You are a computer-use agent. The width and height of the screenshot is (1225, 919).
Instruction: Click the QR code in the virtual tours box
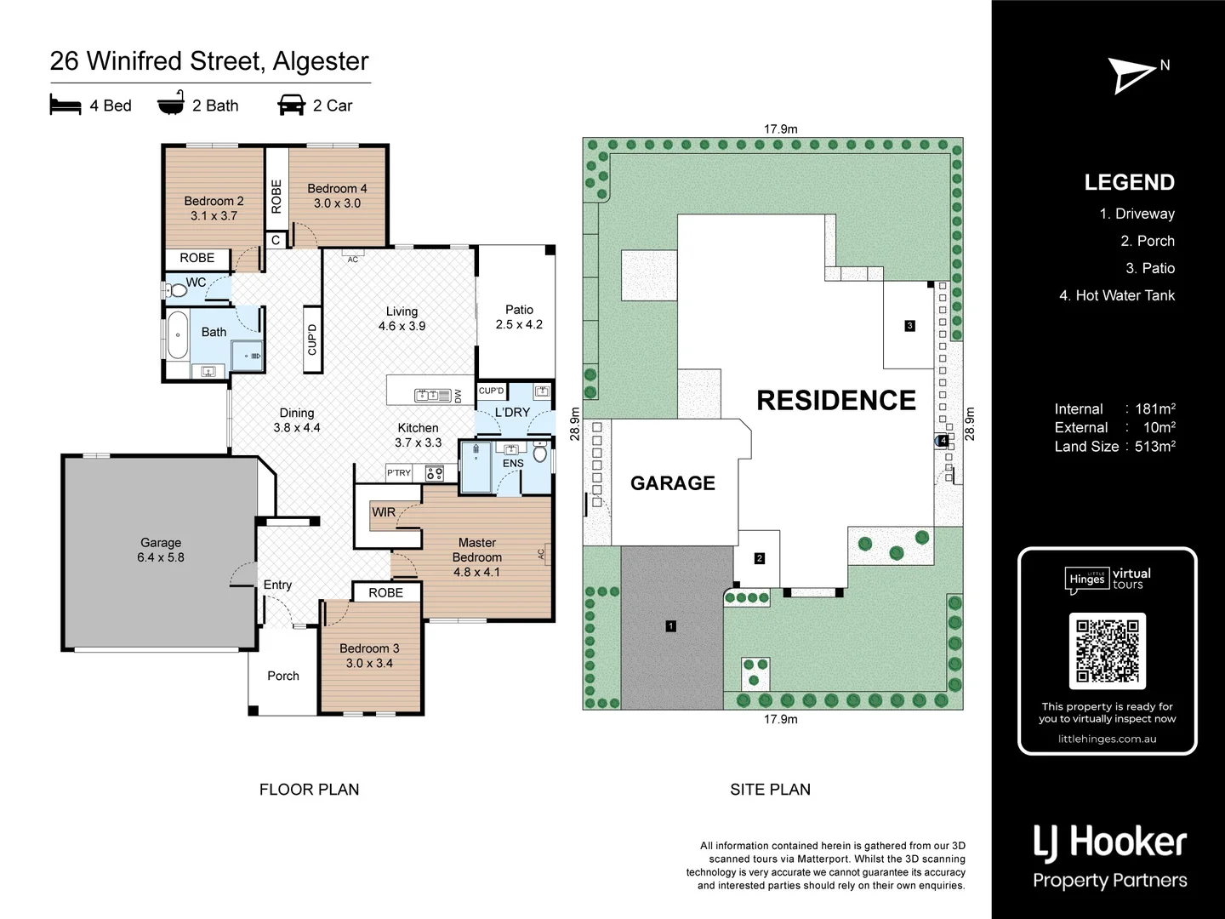[x=1107, y=651]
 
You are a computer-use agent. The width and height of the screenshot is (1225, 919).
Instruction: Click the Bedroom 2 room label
[x=214, y=208]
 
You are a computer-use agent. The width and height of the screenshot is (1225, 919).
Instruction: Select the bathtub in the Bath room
[x=177, y=335]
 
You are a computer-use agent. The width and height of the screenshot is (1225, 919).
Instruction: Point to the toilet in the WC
[x=177, y=290]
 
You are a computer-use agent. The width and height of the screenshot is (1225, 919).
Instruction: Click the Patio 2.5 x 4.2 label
[x=519, y=317]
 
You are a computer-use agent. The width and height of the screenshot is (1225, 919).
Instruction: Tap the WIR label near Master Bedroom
[x=384, y=512]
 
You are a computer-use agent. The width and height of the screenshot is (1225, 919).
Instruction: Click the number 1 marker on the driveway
[x=671, y=626]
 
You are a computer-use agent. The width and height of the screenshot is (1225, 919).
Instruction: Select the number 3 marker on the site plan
[x=909, y=326]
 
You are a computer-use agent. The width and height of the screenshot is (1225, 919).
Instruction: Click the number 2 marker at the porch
[x=760, y=558]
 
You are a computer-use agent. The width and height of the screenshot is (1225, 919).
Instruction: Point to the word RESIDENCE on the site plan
[x=835, y=401]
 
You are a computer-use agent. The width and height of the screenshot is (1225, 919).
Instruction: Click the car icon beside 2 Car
[x=291, y=106]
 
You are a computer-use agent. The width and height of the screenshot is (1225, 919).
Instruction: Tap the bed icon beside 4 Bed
[x=66, y=106]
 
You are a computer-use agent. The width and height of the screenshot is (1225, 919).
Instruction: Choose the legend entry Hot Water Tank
[x=1116, y=295]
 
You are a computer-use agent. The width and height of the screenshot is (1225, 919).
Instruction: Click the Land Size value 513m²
[x=1154, y=447]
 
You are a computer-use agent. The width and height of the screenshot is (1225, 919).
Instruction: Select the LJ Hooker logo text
[x=1109, y=842]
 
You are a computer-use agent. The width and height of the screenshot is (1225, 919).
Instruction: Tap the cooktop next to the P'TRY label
[x=434, y=473]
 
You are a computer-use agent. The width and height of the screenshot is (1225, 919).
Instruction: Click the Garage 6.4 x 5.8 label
[x=161, y=550]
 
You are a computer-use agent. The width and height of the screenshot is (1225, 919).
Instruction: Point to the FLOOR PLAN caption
[x=309, y=790]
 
